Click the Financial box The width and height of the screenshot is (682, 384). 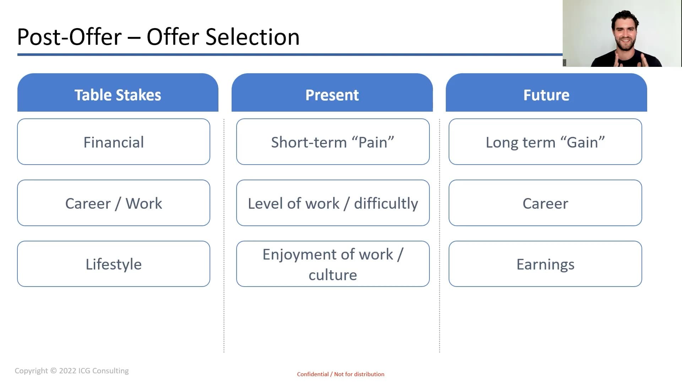(114, 142)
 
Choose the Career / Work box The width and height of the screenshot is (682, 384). (114, 203)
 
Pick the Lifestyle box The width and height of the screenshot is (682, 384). (114, 264)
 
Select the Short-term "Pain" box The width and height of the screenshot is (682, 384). (333, 142)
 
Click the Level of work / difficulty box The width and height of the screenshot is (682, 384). (333, 203)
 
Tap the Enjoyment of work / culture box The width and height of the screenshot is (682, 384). (333, 264)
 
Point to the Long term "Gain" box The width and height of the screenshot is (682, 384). (545, 142)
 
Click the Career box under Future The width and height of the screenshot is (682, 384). (545, 203)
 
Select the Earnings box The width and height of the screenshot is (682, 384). (545, 264)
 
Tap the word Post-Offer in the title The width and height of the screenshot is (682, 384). (69, 37)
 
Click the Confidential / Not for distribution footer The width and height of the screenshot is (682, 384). (341, 374)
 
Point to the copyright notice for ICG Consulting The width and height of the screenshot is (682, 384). (72, 371)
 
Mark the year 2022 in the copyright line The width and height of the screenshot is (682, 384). (67, 371)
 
